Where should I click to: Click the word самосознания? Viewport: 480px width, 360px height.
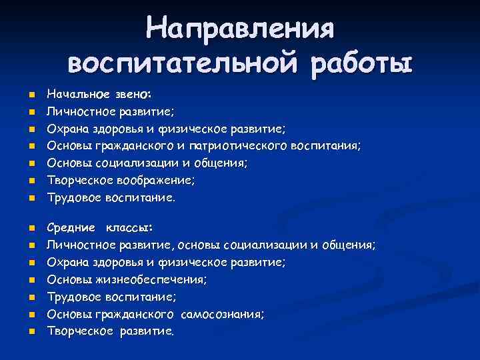coord(225,314)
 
